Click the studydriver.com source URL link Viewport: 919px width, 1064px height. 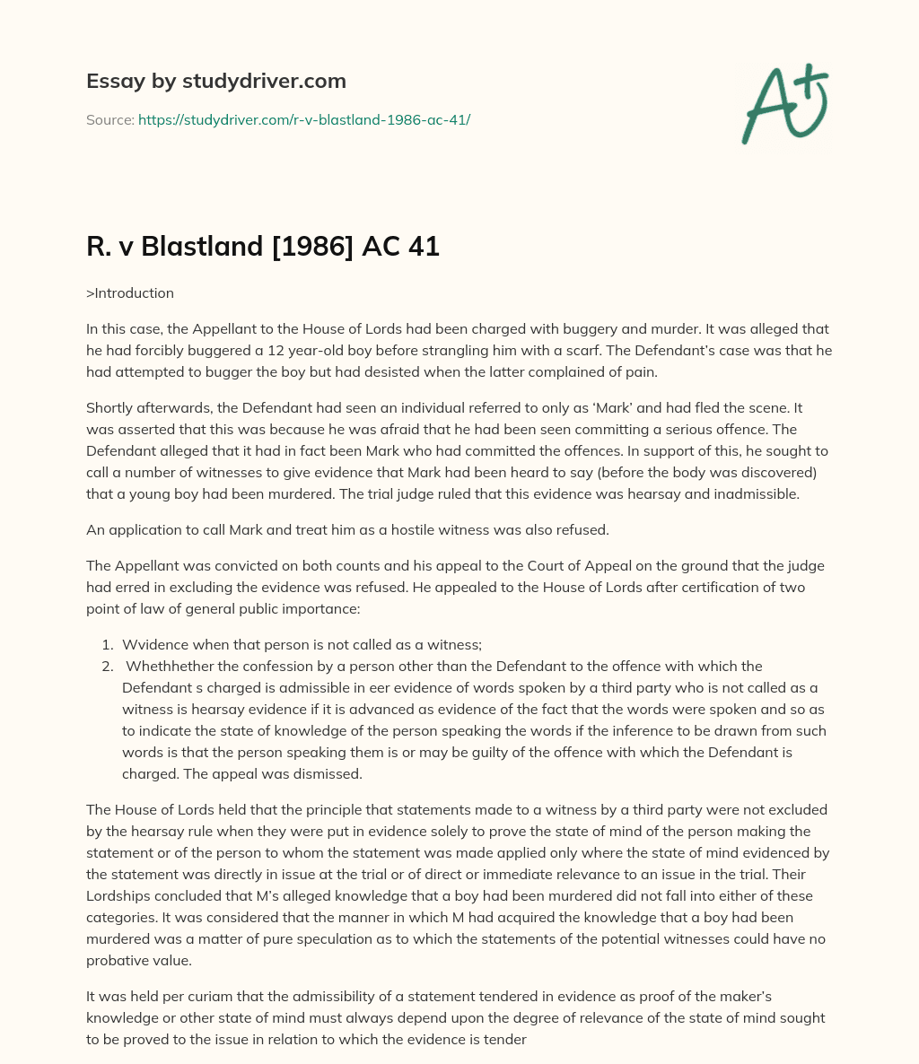point(304,119)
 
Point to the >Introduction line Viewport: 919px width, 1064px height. point(130,292)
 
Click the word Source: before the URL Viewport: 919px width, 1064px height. point(110,119)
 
